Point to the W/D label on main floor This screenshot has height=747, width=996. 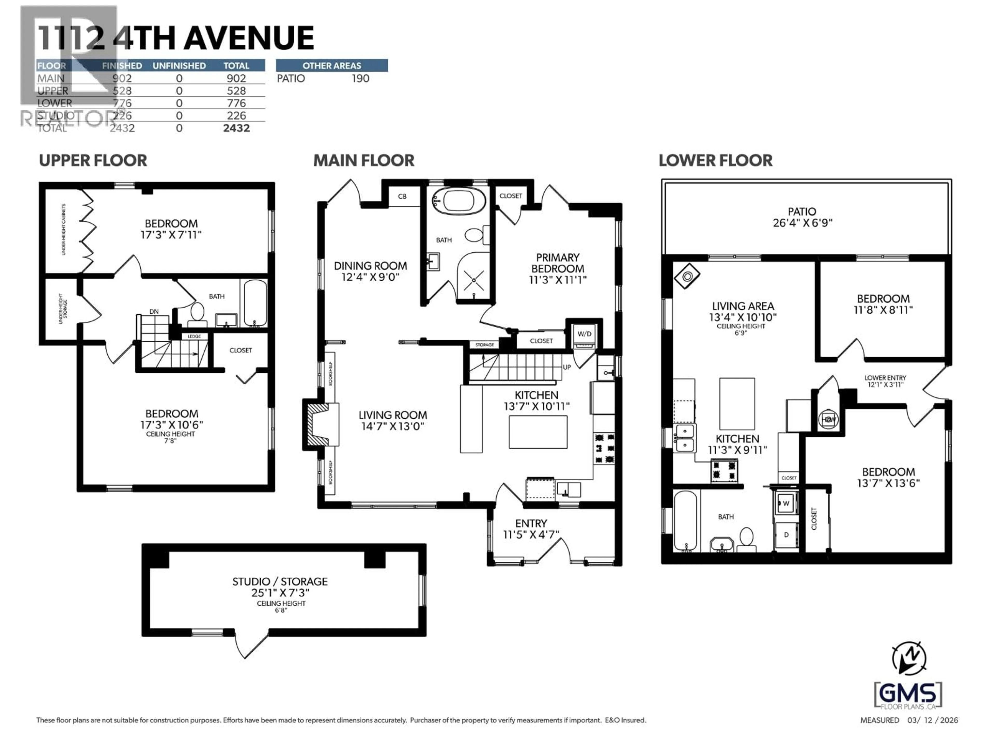(584, 334)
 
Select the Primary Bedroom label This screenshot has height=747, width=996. (557, 268)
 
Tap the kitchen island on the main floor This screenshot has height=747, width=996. (538, 432)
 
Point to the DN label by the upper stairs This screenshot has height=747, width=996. (154, 311)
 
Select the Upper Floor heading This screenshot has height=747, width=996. (93, 160)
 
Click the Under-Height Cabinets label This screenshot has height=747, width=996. (64, 229)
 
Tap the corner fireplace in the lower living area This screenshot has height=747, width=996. (687, 276)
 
